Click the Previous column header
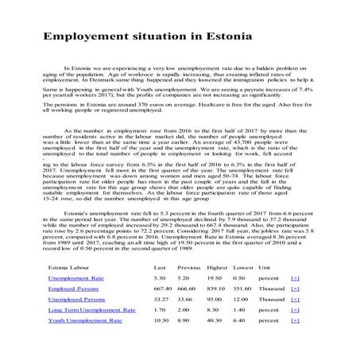[x=189, y=266]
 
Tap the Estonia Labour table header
[x=72, y=266]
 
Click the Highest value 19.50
[x=215, y=279]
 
